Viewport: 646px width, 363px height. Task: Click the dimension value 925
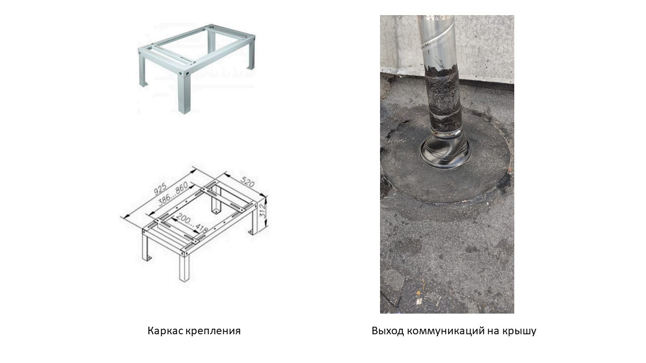(x=160, y=189)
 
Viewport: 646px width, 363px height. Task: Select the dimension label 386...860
(x=173, y=194)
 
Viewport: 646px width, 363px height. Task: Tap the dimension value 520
(x=247, y=182)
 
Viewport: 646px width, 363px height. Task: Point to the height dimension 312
(x=262, y=211)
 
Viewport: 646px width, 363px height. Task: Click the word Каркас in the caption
(x=165, y=331)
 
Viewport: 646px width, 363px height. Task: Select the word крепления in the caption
(x=213, y=331)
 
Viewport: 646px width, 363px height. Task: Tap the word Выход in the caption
(x=388, y=331)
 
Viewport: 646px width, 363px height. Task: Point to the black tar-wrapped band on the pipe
(x=442, y=98)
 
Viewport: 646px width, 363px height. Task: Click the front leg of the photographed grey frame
(x=184, y=93)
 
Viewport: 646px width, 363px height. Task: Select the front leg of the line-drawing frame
(x=185, y=267)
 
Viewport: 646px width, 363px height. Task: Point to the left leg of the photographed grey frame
(x=143, y=71)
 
